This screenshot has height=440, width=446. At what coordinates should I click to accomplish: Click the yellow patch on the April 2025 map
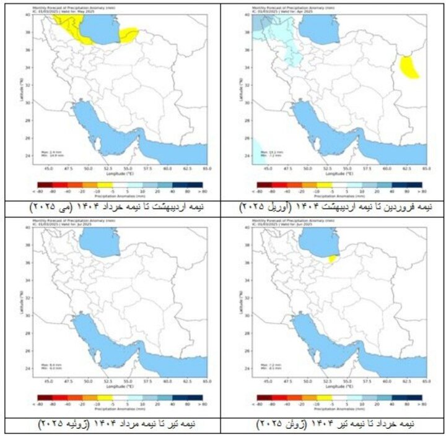(408, 66)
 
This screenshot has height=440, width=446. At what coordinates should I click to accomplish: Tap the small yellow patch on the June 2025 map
(333, 259)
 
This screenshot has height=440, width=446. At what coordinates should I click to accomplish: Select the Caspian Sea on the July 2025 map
(99, 242)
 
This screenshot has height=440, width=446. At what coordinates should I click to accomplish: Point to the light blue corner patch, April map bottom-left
(256, 151)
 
